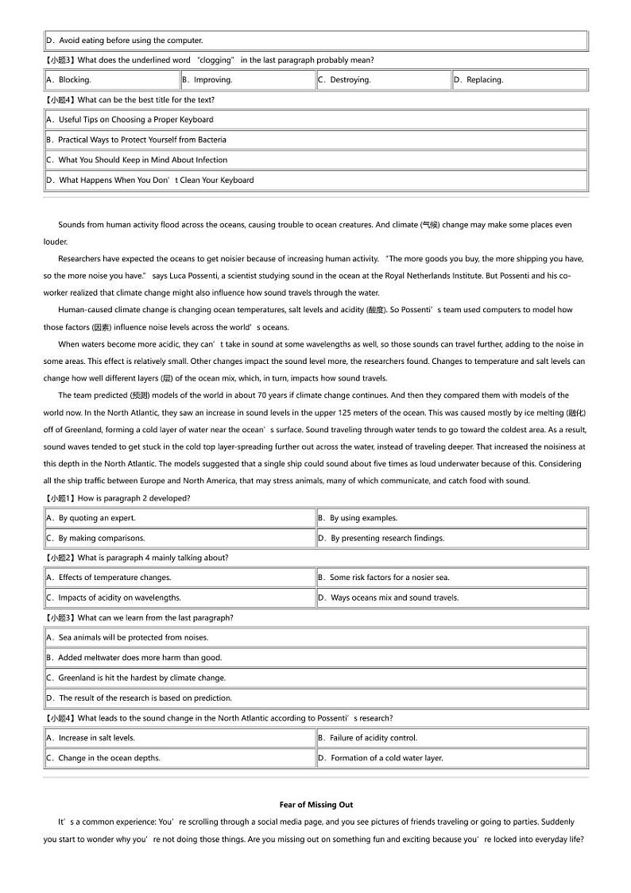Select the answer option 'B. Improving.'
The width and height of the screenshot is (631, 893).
(x=207, y=80)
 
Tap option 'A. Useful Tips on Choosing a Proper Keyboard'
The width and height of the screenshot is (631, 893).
(x=130, y=120)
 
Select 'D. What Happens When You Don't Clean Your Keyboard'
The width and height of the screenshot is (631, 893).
(x=150, y=180)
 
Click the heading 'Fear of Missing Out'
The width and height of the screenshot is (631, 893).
(x=316, y=805)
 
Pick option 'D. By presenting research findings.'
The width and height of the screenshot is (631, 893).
(x=381, y=538)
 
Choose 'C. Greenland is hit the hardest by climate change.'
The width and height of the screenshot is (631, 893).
(x=136, y=678)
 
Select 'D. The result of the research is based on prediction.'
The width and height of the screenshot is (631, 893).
(x=139, y=698)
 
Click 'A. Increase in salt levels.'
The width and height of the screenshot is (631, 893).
(x=91, y=738)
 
